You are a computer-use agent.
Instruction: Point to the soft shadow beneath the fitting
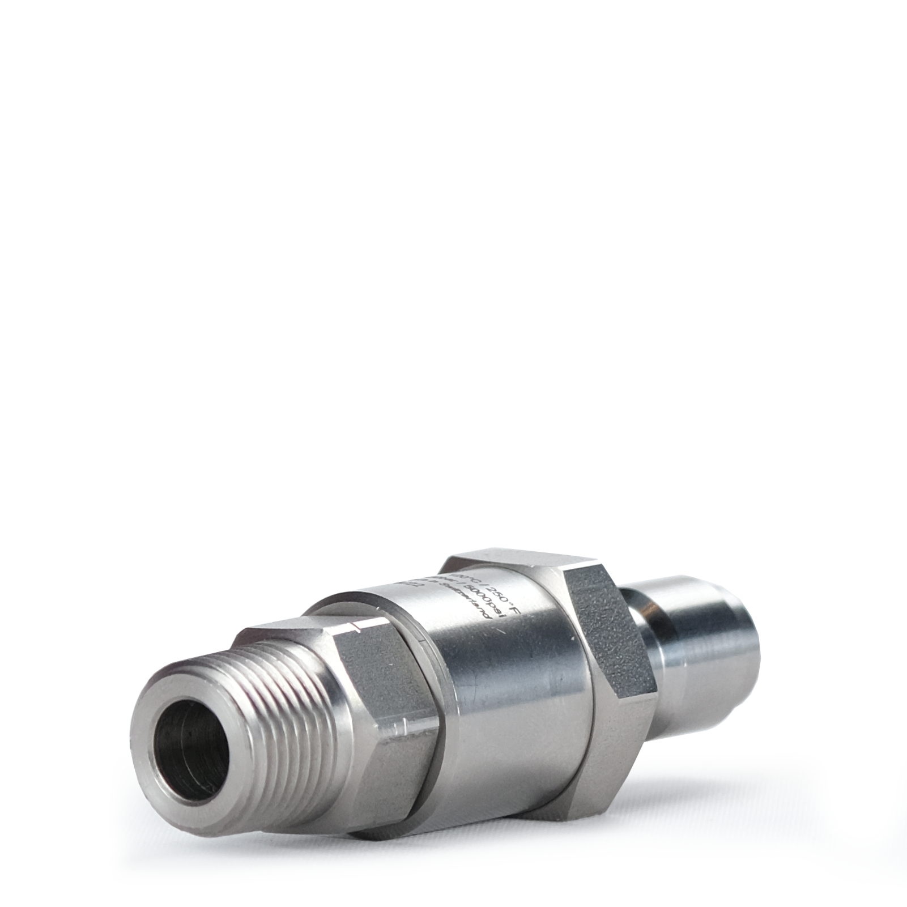click(567, 850)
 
